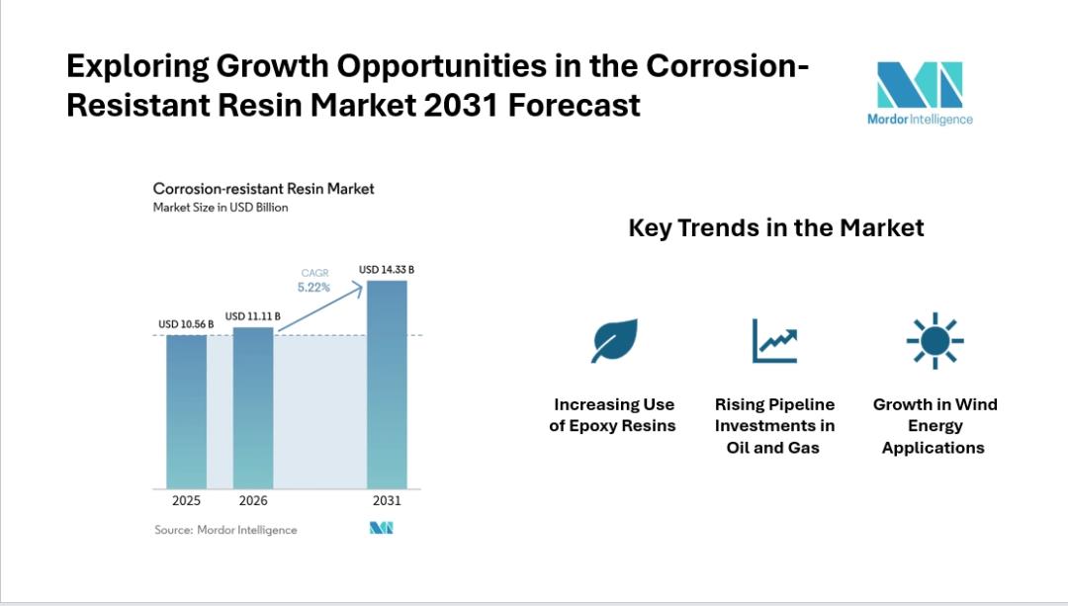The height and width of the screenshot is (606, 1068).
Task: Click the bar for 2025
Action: (186, 411)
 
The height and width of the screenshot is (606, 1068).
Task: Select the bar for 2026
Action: (253, 407)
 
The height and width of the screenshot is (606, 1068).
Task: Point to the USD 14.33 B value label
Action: (387, 269)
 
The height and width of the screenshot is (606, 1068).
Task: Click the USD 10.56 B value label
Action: (186, 324)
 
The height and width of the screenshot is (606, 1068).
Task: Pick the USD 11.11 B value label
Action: (253, 316)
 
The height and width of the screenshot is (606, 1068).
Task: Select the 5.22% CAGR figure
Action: (314, 288)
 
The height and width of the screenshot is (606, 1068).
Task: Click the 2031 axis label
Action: (387, 501)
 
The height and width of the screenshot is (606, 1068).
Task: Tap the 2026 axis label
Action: (253, 501)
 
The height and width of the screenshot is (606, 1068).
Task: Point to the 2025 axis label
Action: (186, 501)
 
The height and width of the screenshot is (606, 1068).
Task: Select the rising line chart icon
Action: (774, 341)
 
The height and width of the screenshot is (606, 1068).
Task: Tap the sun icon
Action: (934, 341)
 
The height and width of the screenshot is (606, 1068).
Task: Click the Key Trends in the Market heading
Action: (776, 228)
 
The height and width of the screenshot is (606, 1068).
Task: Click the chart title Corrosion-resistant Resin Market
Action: (263, 188)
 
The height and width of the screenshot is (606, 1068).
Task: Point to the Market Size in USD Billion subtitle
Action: (221, 208)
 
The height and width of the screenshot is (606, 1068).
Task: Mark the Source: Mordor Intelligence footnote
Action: (225, 530)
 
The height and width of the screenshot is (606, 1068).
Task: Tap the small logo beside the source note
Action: (382, 529)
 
